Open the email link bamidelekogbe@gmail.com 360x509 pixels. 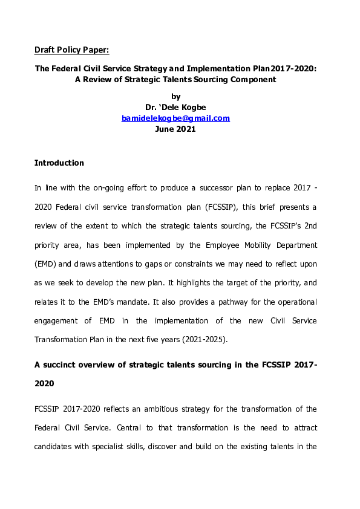click(175, 118)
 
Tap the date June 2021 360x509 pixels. click(175, 129)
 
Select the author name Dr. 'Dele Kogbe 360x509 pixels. click(175, 107)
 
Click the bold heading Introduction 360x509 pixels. click(59, 163)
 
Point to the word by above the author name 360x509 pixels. click(176, 96)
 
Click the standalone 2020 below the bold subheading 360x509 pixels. click(44, 383)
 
